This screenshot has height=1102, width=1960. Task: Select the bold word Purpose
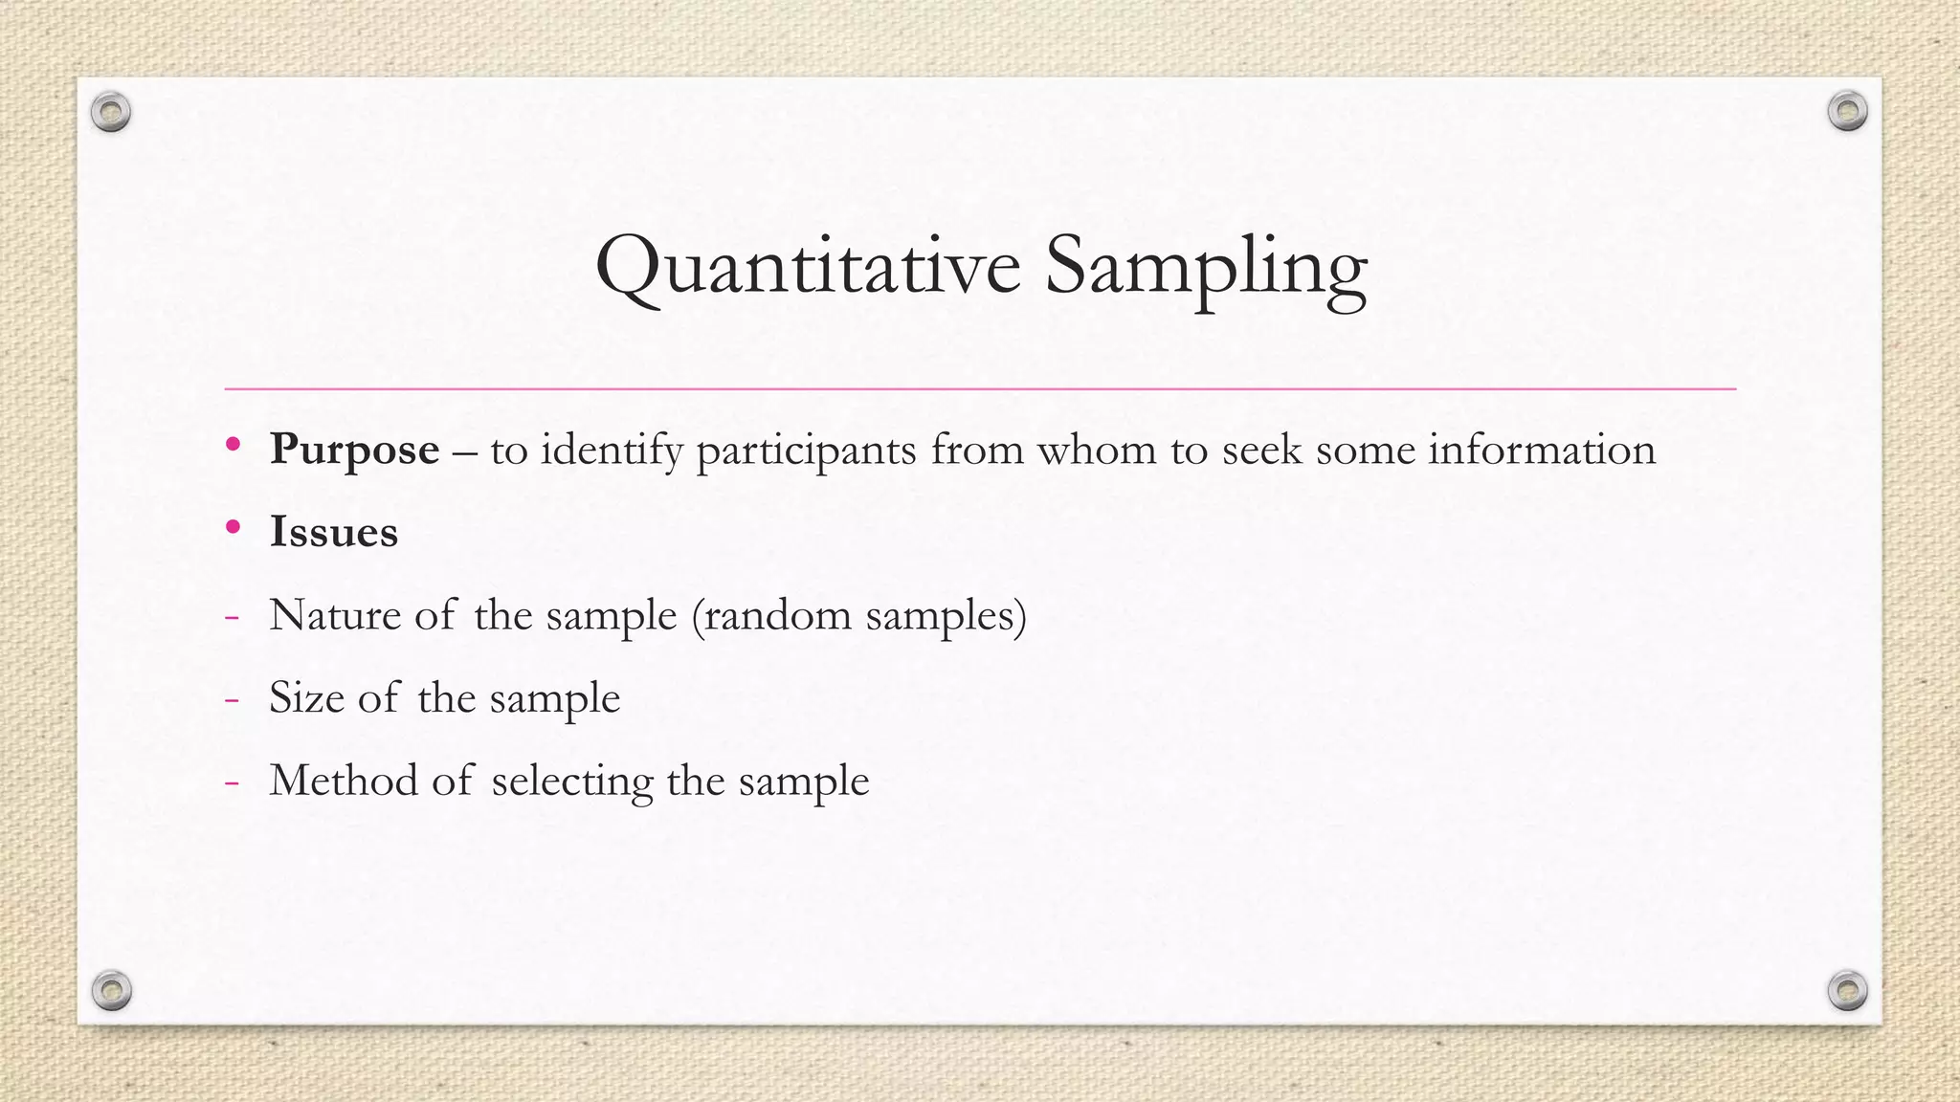point(354,450)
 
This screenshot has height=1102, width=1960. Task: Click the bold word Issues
point(333,532)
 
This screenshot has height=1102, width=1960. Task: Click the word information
point(1542,450)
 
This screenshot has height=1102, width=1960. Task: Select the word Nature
point(335,615)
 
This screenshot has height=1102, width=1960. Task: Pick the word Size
point(306,697)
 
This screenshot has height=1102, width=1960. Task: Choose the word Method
point(344,781)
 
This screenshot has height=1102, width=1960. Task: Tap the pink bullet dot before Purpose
point(233,444)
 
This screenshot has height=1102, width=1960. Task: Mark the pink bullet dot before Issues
point(233,526)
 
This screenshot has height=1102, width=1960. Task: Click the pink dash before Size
point(231,699)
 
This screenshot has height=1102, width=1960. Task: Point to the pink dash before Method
point(231,782)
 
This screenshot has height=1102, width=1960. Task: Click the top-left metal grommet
point(111,113)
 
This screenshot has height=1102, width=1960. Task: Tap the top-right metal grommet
point(1847,112)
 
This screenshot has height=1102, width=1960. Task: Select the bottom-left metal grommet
point(111,990)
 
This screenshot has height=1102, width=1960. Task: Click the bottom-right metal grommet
point(1847,990)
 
